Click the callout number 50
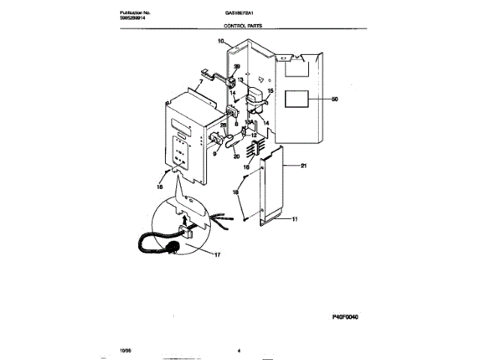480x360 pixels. coord(335,99)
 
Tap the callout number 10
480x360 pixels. coord(221,43)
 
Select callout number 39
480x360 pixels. coord(237,66)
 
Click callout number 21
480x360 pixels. coord(304,165)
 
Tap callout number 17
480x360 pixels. coord(217,255)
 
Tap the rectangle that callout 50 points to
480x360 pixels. coord(298,99)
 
